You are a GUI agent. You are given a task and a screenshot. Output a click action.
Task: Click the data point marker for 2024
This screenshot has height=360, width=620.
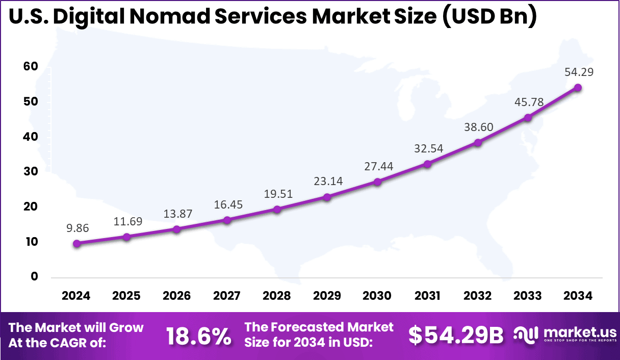pos(76,244)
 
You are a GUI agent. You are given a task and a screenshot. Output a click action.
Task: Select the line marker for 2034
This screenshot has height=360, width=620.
pos(578,88)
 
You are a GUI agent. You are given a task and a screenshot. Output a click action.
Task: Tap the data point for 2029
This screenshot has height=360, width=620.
pos(327,197)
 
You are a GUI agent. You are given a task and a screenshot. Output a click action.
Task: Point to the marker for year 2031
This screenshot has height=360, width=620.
pos(427,164)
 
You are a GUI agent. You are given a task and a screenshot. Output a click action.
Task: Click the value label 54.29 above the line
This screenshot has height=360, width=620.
pos(578,72)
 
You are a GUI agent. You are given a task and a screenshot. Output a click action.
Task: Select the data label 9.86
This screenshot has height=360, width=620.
pos(77,228)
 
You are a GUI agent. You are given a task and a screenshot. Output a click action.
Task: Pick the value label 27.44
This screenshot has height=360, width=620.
pos(377,166)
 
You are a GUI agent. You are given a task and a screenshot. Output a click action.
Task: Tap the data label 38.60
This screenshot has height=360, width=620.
pos(478,127)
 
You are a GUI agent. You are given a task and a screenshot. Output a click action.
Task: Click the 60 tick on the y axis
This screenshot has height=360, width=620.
pos(30,67)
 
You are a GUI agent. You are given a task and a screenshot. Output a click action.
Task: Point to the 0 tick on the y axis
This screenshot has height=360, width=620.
pos(34,276)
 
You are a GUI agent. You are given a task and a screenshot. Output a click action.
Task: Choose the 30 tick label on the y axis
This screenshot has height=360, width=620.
pos(30,172)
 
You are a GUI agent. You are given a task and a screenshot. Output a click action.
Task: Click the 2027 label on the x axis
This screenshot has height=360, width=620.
pos(227,296)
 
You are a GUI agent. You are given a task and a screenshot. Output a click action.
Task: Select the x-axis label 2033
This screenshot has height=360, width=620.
pos(528,296)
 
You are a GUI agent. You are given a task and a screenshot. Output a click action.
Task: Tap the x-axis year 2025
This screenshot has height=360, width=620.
pos(126,296)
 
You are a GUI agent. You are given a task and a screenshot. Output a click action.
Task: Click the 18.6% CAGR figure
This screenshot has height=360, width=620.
pos(199,336)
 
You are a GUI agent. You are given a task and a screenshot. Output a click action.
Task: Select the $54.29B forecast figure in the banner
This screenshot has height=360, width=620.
pos(456,335)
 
